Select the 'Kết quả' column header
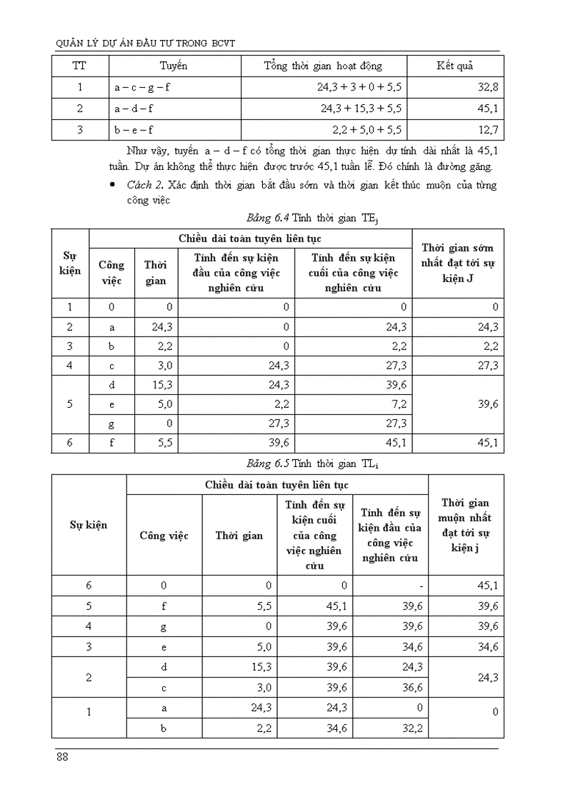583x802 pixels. (455, 66)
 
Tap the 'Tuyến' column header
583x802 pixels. (174, 66)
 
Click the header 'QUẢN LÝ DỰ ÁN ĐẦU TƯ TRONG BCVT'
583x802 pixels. (146, 44)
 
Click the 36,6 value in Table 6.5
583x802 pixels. (410, 687)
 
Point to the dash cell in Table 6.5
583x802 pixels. (422, 586)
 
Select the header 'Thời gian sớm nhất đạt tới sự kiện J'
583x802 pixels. (458, 263)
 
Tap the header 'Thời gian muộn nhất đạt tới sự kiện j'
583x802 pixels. (465, 525)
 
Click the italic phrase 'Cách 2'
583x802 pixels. (141, 185)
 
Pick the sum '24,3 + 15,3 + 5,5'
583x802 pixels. (359, 109)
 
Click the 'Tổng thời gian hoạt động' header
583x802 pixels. (323, 66)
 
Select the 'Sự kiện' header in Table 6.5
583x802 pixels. (89, 525)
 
